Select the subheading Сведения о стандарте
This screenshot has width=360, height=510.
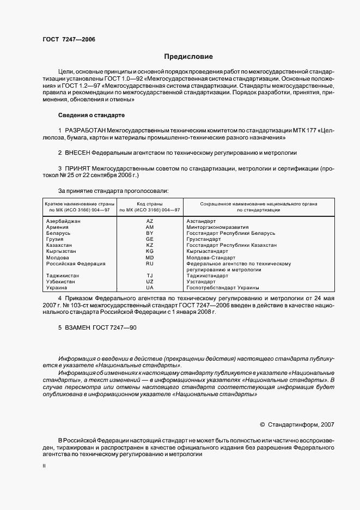coord(91,116)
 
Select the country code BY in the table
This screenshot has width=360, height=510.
coord(150,233)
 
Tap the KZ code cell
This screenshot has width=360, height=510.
coord(150,245)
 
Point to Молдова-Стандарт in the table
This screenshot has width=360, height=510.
coord(210,257)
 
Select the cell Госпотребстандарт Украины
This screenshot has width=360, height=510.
coord(222,288)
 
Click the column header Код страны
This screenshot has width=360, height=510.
coord(150,203)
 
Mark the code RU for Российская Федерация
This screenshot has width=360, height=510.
coord(150,264)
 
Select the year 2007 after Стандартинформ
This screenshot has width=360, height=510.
coord(327,423)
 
